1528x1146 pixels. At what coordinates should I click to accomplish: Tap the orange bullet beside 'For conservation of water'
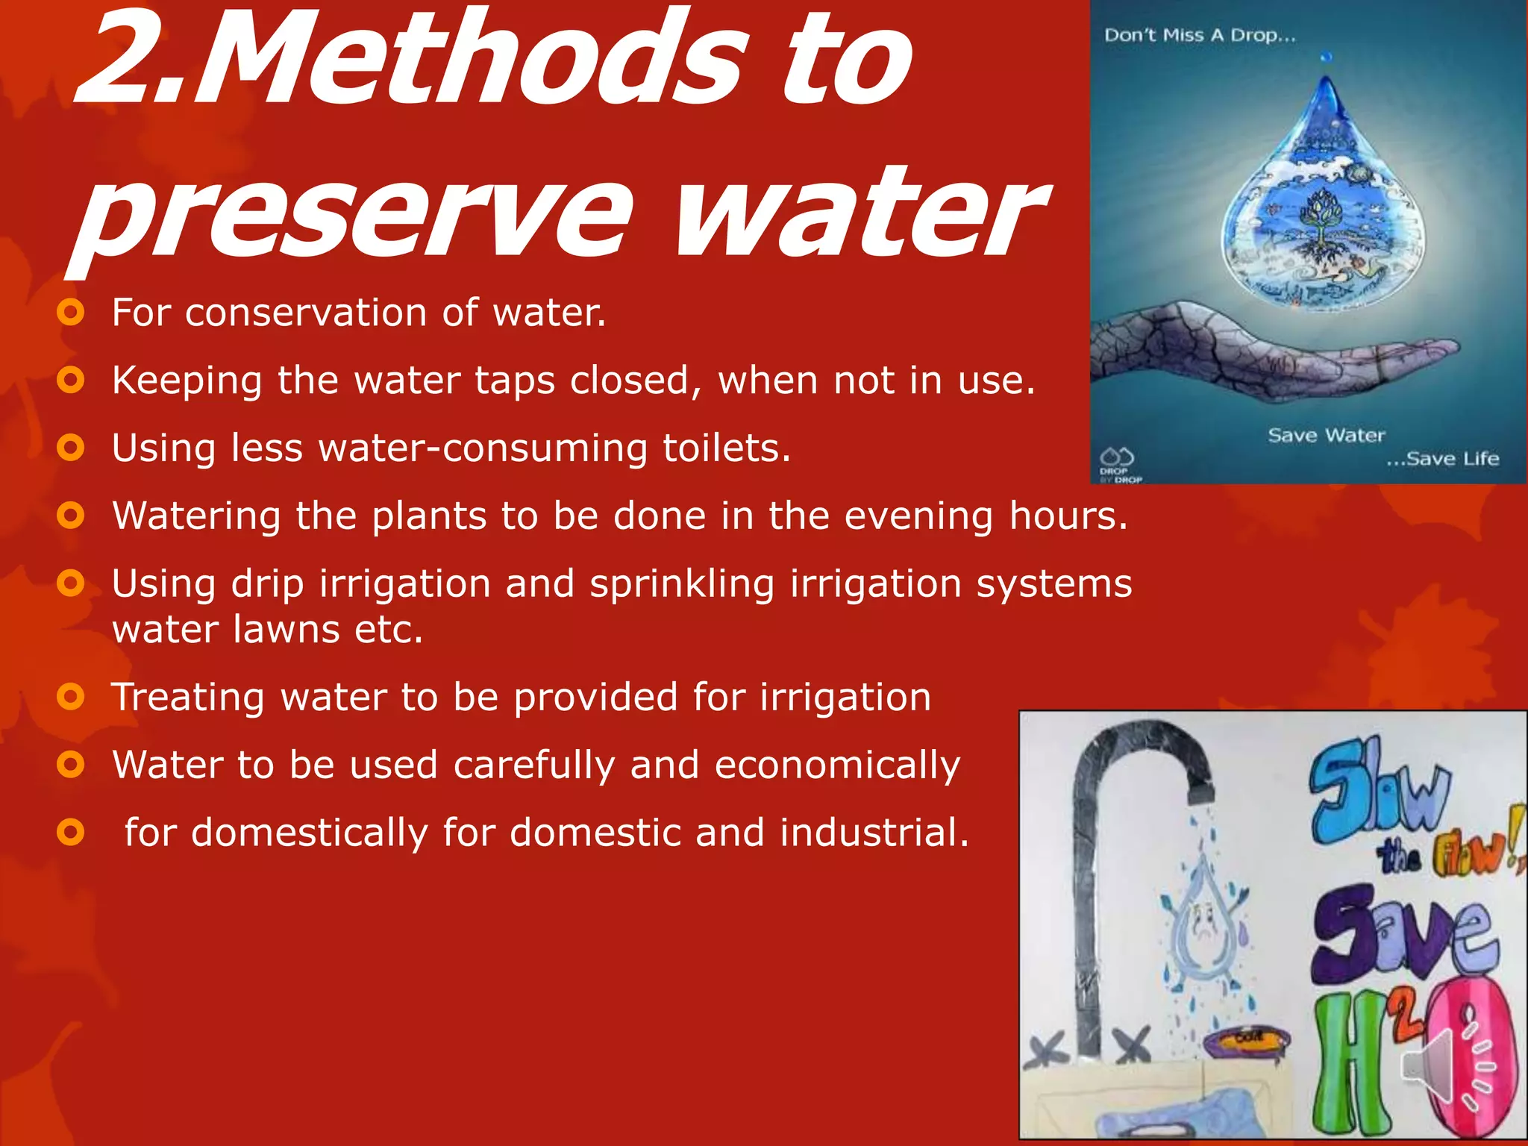tap(70, 313)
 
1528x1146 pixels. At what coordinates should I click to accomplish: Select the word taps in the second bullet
tap(515, 381)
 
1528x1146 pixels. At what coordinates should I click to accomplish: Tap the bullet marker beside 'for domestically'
tap(70, 833)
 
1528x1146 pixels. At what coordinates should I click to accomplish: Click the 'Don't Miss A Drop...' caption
tap(1200, 35)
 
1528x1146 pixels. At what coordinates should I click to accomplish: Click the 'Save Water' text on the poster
tap(1326, 435)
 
